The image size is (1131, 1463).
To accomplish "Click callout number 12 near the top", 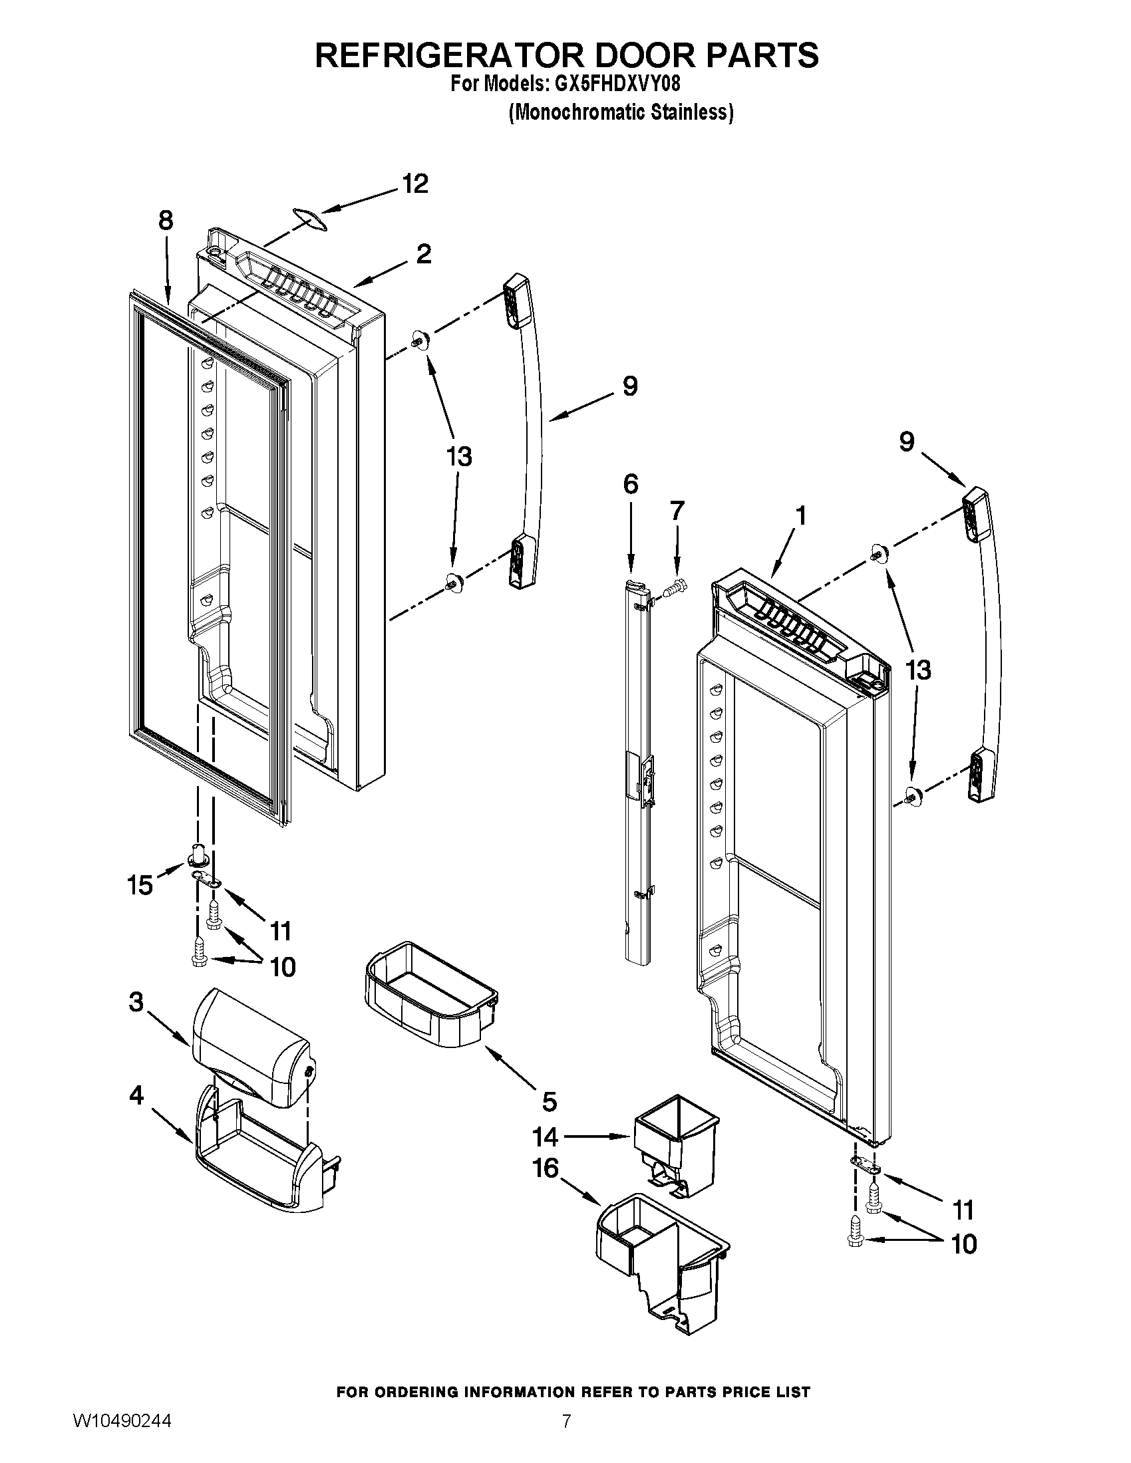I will point(415,184).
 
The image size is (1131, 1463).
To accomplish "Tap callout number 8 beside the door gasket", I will point(166,220).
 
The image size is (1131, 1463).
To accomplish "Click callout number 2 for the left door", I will point(423,255).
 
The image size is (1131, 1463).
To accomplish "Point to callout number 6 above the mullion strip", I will point(631,483).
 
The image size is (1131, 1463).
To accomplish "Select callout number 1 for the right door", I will point(800,516).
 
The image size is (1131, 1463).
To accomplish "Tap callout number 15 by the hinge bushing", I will point(140,886).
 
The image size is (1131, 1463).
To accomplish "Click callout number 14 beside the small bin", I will point(546,1136).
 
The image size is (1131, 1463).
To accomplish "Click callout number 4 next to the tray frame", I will point(136,1096).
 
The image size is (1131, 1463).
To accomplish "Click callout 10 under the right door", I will point(964,1244).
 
